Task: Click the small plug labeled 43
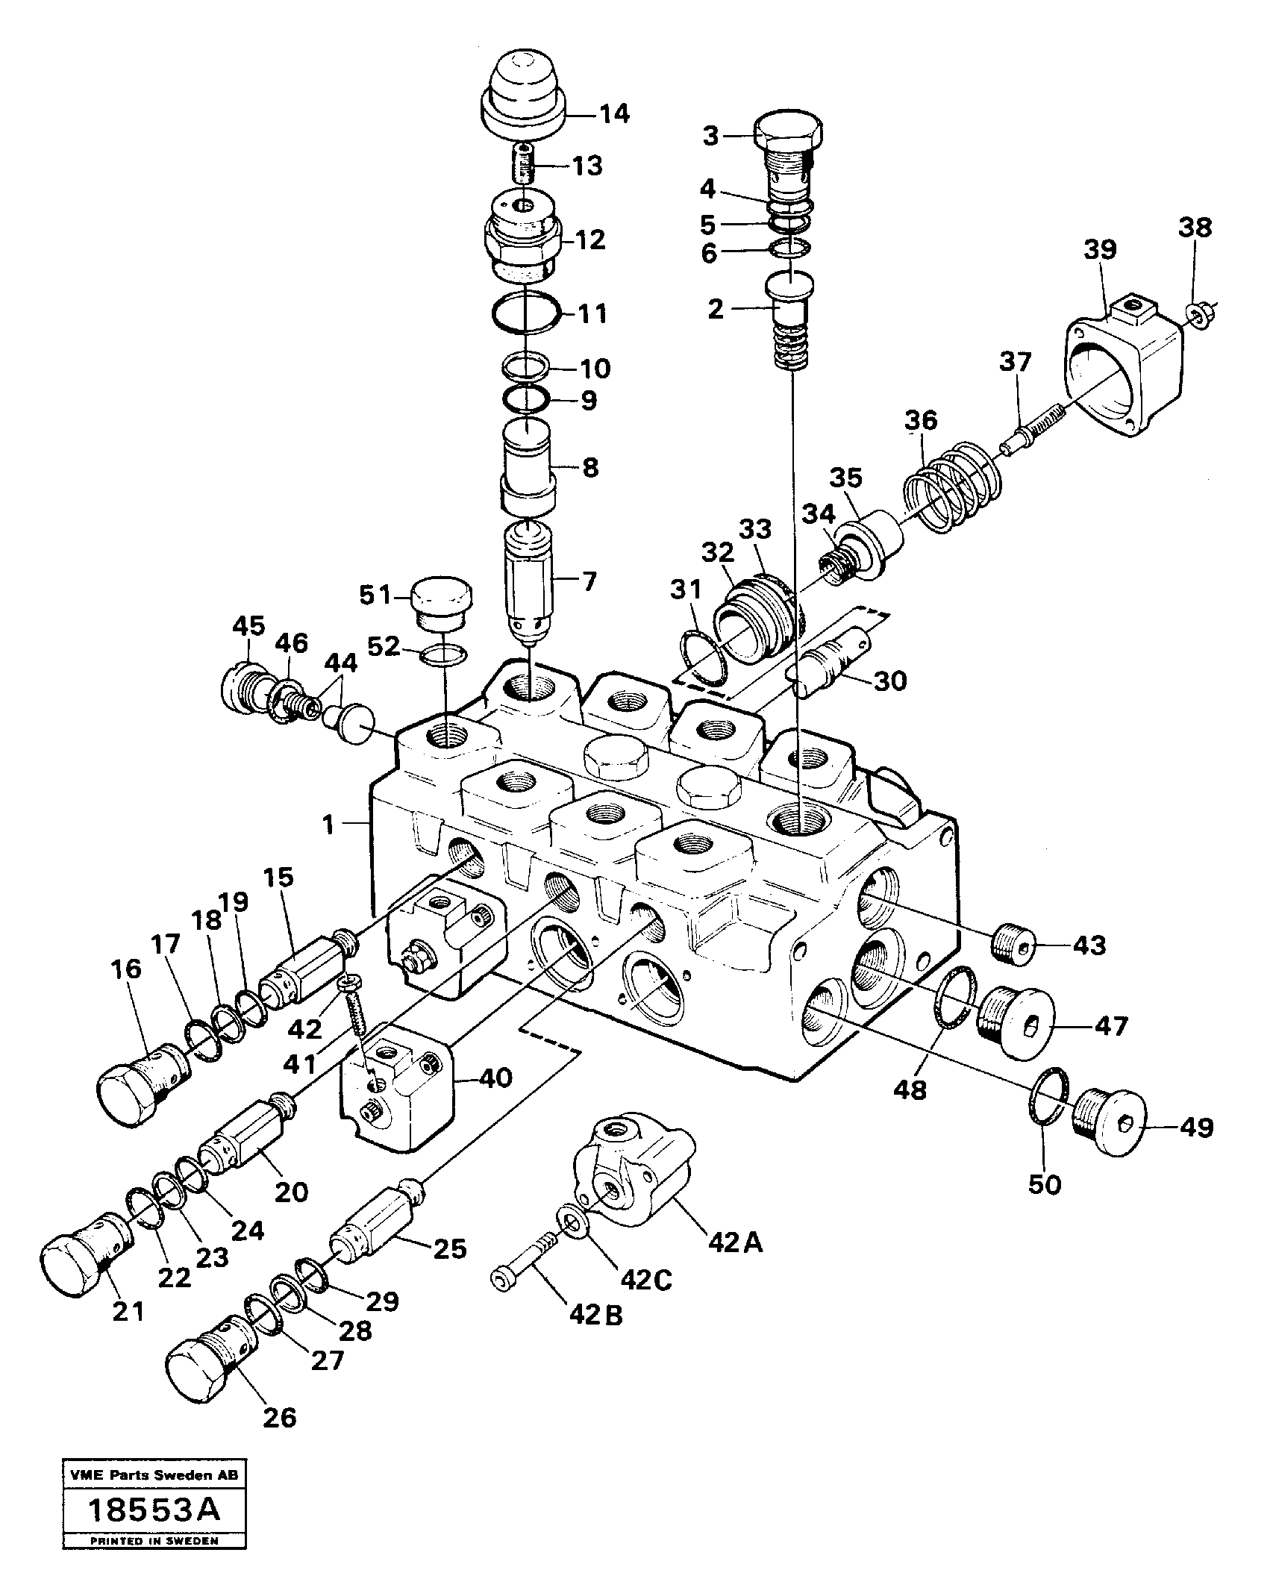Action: pos(1016,946)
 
